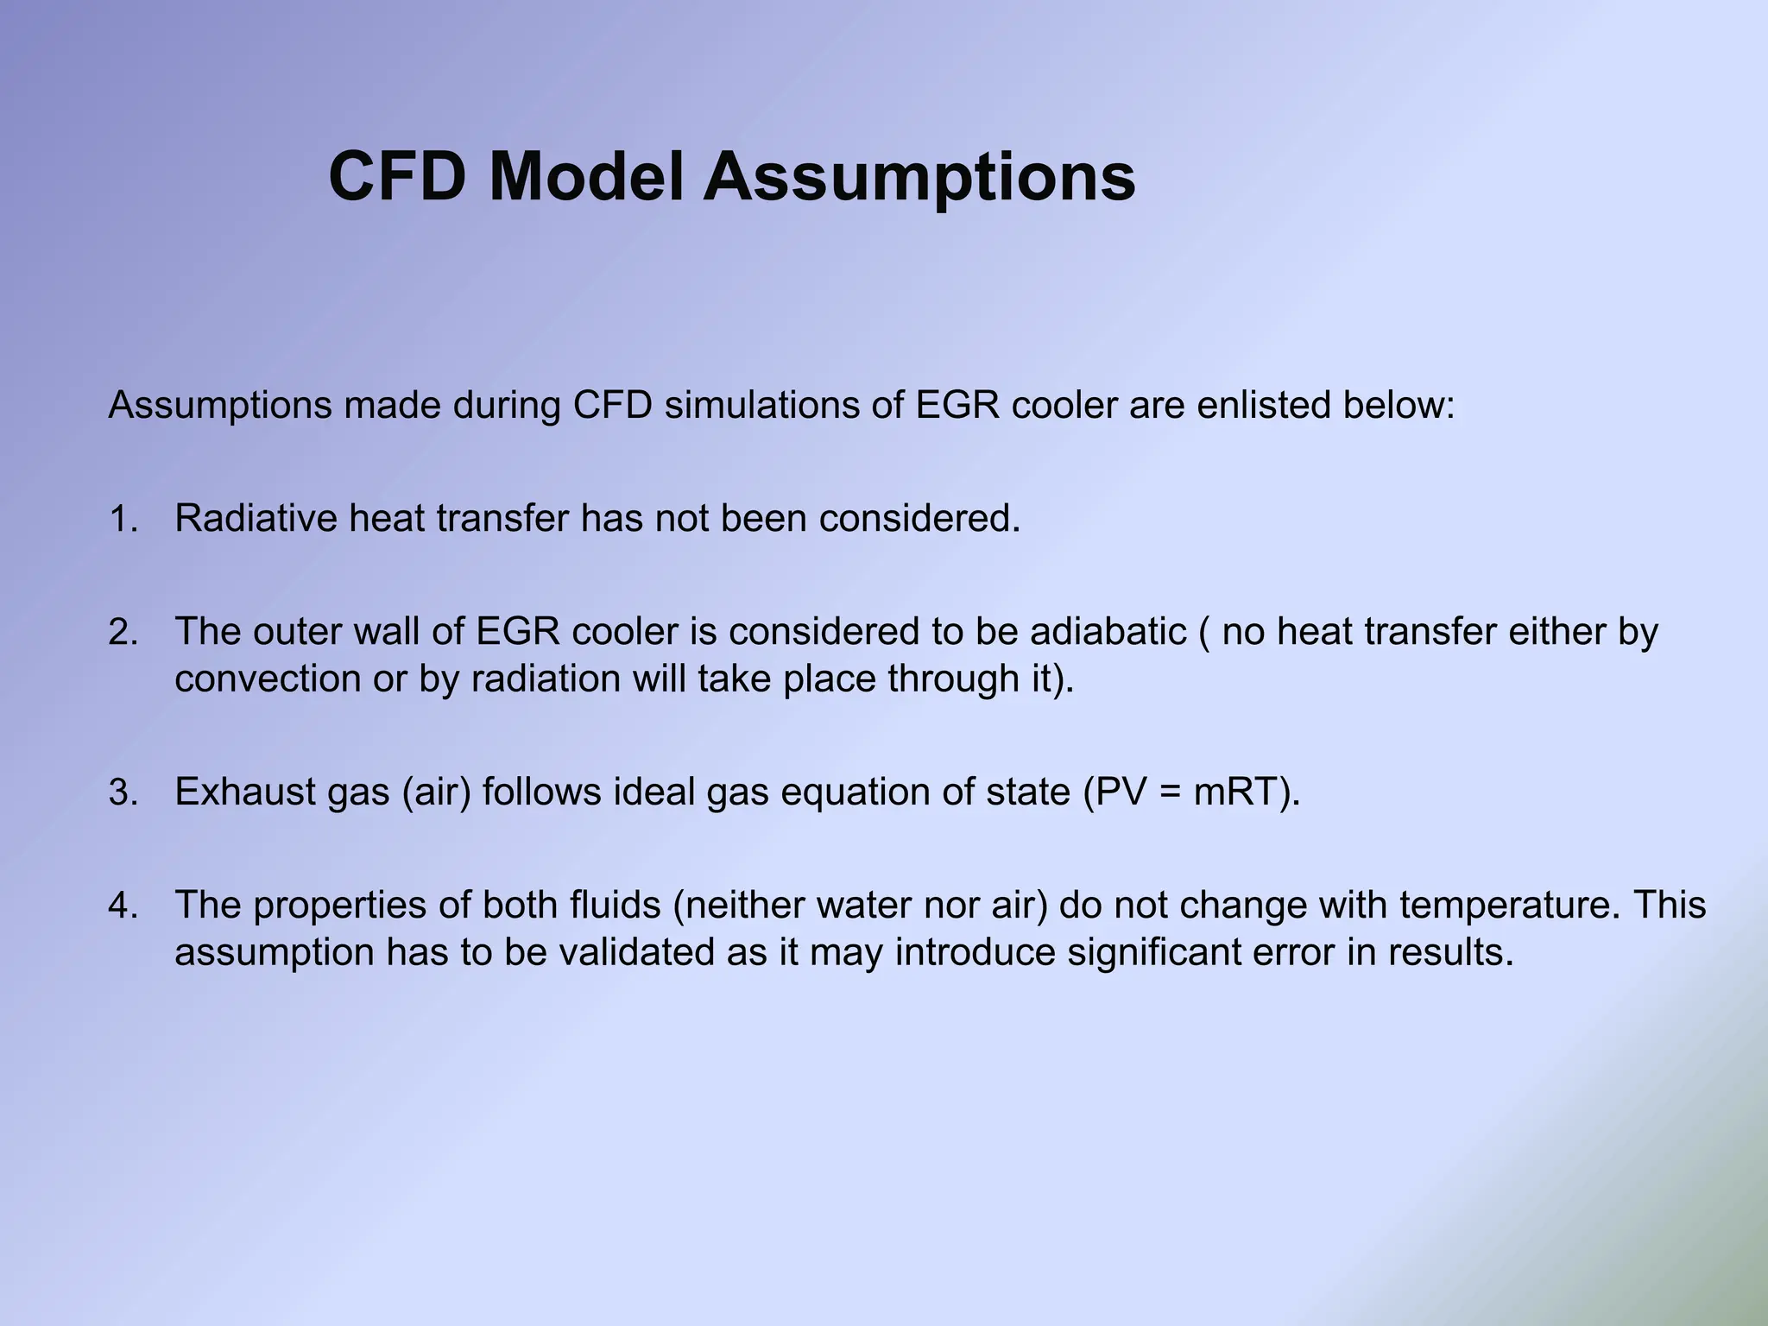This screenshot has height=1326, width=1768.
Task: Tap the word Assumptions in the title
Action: (x=919, y=177)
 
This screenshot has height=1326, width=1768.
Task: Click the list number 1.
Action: (x=123, y=520)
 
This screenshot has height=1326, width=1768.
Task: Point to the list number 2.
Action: (x=123, y=633)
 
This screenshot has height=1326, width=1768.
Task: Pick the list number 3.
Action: (x=123, y=792)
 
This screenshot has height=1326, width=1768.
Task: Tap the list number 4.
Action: (x=123, y=906)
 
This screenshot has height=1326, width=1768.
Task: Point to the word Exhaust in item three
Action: (x=245, y=792)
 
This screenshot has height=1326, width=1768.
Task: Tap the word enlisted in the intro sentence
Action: (x=1263, y=405)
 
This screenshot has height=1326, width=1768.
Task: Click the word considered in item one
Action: (x=919, y=518)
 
